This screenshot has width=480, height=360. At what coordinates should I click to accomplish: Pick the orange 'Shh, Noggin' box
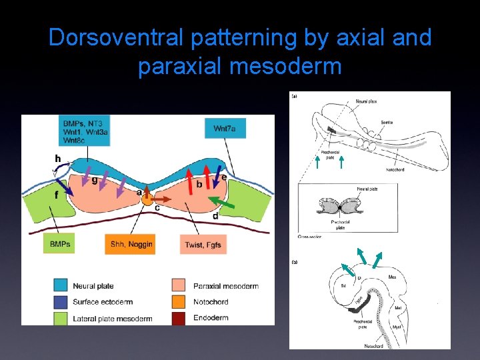[129, 244]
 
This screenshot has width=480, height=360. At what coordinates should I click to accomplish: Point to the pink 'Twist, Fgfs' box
[203, 244]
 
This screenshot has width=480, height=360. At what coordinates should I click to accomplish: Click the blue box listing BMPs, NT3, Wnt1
[85, 131]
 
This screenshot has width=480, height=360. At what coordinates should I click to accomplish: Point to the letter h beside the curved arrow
[58, 159]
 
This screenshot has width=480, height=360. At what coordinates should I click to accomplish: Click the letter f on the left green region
[56, 195]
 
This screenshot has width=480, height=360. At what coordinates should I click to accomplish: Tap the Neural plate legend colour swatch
[61, 286]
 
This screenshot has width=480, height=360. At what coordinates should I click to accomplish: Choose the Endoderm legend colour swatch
[179, 318]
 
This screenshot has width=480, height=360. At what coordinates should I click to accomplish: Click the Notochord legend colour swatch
[179, 302]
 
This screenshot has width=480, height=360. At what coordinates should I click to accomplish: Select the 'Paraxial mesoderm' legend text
[226, 286]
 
